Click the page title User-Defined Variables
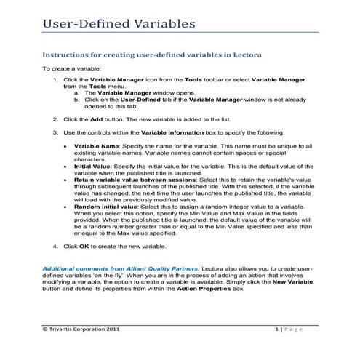(x=118, y=23)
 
